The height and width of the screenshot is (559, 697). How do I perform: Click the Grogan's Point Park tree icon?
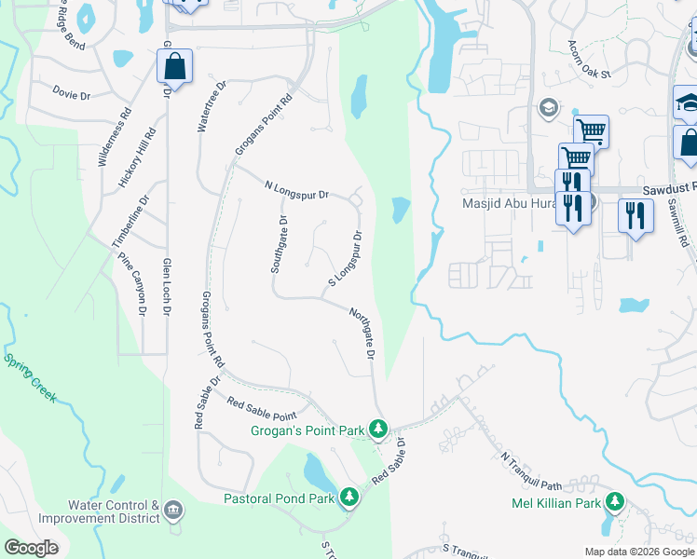coord(377,429)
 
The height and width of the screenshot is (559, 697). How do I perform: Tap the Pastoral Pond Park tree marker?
coord(349,498)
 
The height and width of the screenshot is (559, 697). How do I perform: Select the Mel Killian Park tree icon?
coord(614,503)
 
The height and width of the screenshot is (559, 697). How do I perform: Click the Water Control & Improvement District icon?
coord(173,511)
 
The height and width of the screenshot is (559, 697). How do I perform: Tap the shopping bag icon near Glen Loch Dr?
coord(174,67)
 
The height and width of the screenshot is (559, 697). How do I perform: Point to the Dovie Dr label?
coord(72,94)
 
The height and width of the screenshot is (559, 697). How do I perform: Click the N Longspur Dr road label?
coord(297,193)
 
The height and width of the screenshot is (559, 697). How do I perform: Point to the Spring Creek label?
coord(30,376)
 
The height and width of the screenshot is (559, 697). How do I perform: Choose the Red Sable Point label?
coord(262,407)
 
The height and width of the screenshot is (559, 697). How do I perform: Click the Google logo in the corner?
coord(31,548)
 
